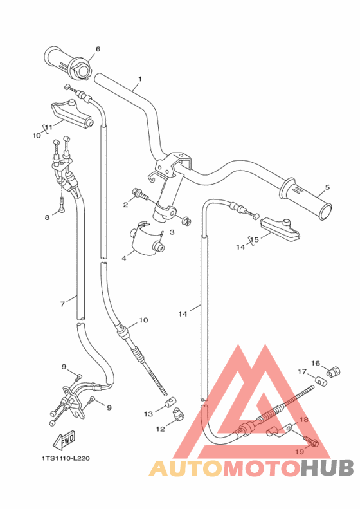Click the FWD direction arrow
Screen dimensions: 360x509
[64, 440]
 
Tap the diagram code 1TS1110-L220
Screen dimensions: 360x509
[66, 458]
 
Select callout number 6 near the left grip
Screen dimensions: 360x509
[98, 49]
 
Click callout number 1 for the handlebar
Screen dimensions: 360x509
[140, 79]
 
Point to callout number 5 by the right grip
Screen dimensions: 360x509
[327, 187]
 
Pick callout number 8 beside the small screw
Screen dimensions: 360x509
[48, 217]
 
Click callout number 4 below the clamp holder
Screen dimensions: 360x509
[124, 259]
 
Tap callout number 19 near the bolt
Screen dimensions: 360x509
[300, 451]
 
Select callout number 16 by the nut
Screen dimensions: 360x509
[315, 363]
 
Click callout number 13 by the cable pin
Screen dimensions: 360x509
[148, 414]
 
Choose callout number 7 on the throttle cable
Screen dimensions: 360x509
[62, 304]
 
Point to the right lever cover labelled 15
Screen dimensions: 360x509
[280, 230]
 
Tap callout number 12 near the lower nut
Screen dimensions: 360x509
[161, 429]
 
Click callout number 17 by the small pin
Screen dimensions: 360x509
[302, 371]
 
